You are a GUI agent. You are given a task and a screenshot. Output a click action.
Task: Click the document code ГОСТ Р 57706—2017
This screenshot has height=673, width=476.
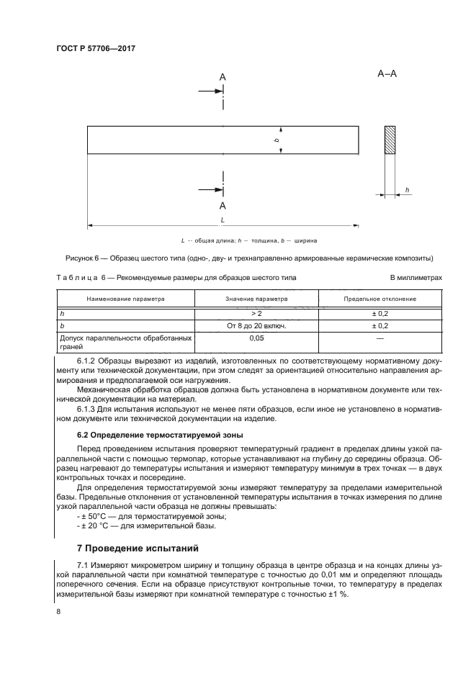(96, 48)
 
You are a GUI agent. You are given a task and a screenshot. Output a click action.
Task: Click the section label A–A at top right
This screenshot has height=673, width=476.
(387, 73)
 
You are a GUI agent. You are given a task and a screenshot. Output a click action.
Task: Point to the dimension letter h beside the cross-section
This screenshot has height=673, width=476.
(407, 190)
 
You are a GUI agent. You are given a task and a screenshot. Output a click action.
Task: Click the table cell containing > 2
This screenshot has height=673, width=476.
(256, 314)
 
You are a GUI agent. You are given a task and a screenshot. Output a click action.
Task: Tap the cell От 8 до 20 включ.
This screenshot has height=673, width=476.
(256, 325)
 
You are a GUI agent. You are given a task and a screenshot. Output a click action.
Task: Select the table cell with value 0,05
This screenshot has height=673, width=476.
(256, 337)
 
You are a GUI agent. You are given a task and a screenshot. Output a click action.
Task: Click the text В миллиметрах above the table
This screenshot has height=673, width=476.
(395, 277)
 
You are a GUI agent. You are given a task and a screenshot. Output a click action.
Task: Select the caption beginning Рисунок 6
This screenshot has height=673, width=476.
(238, 258)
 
